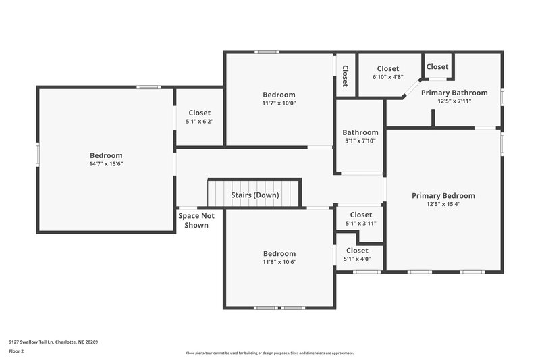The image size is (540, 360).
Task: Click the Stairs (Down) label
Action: click(255, 195)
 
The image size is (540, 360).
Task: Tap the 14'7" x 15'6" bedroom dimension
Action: click(106, 163)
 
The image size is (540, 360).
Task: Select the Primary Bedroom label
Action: click(443, 196)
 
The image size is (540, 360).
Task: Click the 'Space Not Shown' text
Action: click(196, 220)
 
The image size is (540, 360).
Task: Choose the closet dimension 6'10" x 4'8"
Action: click(387, 77)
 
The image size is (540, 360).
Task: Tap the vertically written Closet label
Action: click(344, 76)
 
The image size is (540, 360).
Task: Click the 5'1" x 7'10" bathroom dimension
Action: click(360, 141)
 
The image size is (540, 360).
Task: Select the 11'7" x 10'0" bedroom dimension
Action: click(279, 103)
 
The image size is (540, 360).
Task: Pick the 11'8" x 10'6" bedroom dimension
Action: click(279, 262)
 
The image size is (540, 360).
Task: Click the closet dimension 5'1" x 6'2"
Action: click(199, 122)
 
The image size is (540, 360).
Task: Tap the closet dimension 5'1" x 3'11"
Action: click(360, 223)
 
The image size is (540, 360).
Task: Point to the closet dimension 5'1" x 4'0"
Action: click(357, 259)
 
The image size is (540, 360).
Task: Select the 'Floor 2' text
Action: click(16, 351)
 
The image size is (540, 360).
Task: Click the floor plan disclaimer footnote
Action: click(269, 353)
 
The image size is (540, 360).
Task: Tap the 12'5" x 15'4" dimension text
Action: click(443, 204)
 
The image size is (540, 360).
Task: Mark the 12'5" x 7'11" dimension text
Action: click(444, 101)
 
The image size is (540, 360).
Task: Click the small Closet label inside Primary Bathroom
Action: click(437, 66)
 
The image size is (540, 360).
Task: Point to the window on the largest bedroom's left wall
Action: click(38, 154)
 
